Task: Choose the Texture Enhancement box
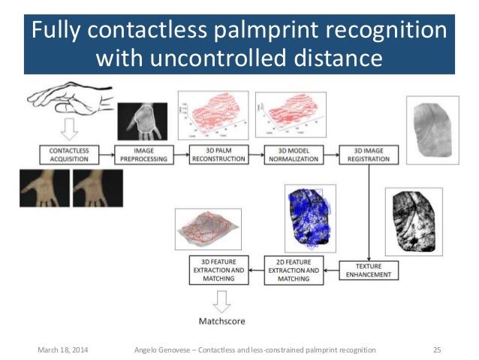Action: click(x=366, y=270)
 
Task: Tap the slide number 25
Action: click(x=436, y=350)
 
